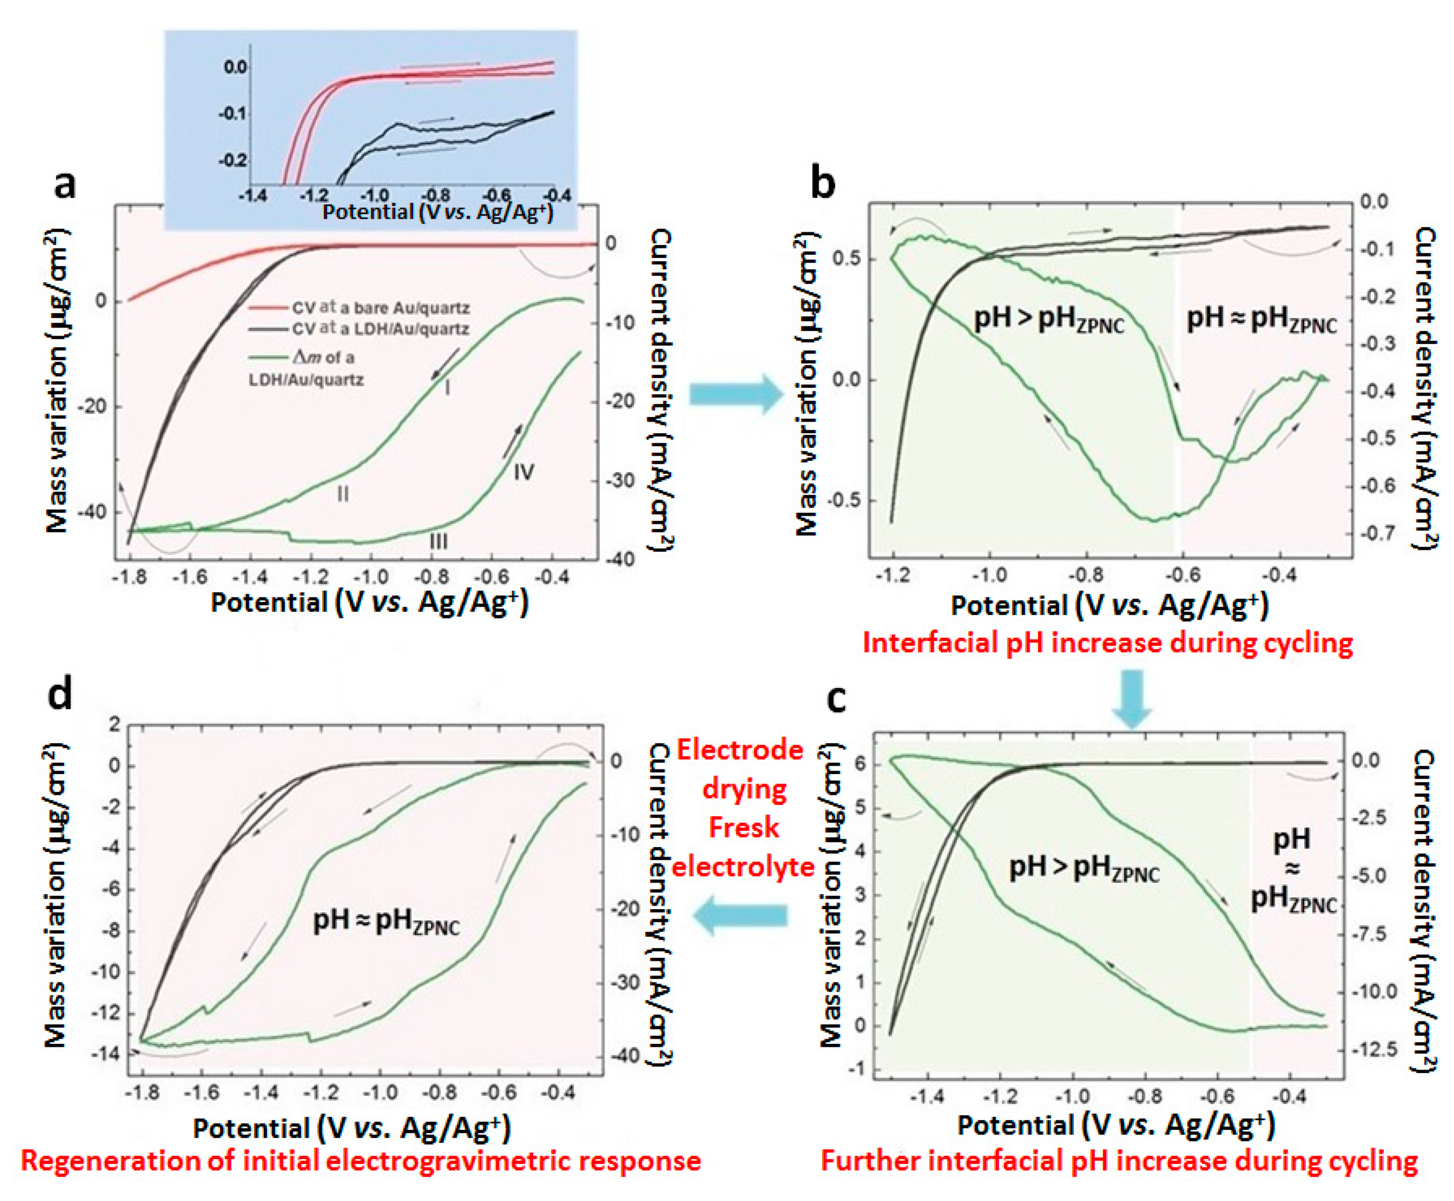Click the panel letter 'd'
click(x=59, y=694)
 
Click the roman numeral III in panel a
click(x=438, y=540)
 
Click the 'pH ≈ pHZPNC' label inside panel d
click(x=386, y=922)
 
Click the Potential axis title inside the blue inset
click(x=437, y=211)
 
